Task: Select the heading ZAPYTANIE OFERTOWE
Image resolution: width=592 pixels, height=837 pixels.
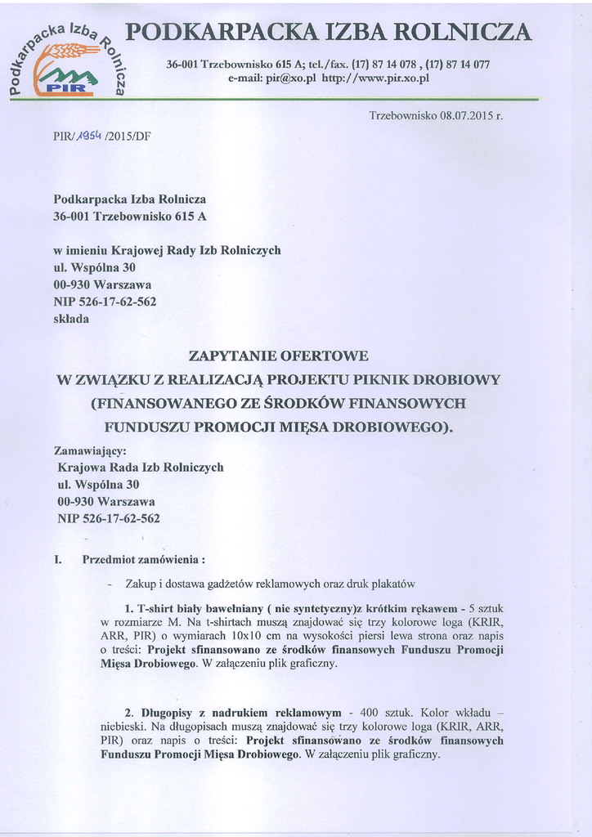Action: (278, 356)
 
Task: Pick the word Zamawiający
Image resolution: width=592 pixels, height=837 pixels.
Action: (90, 450)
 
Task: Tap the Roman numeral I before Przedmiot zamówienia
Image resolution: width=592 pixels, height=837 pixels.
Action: (57, 560)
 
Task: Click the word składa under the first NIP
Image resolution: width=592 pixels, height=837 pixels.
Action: (71, 319)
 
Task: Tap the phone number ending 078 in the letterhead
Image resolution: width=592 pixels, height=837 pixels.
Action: (392, 64)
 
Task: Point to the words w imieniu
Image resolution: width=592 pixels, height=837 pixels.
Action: (81, 250)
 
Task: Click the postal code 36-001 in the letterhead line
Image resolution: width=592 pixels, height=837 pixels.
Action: (182, 64)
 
